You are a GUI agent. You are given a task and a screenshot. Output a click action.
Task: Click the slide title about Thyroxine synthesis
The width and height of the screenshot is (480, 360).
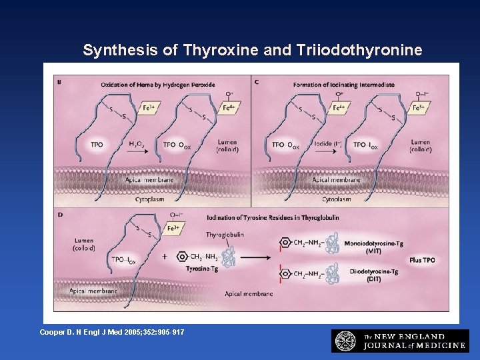tap(252, 50)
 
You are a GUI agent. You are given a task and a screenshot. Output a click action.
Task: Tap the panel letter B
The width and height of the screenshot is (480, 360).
tap(60, 82)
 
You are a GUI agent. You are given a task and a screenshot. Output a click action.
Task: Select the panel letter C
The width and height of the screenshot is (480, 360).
tap(257, 82)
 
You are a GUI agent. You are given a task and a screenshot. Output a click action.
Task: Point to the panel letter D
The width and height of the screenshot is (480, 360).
tap(60, 215)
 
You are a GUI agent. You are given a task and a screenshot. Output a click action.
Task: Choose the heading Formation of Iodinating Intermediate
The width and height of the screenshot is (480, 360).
tap(344, 85)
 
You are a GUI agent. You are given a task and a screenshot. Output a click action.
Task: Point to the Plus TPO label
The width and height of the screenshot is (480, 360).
tap(422, 260)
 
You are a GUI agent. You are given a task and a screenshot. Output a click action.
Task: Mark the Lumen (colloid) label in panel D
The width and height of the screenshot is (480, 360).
tap(84, 244)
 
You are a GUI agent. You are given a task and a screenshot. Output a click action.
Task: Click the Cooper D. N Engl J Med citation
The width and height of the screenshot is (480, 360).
tap(112, 332)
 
